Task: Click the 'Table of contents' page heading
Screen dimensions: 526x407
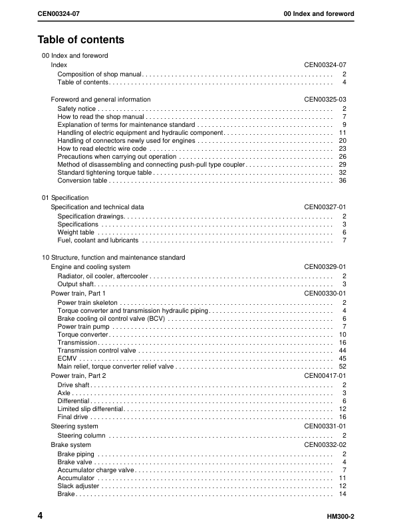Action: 81,40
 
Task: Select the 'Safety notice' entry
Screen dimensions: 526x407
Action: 76,108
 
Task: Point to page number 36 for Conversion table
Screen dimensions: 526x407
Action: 342,181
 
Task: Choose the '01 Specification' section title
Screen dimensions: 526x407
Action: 65,198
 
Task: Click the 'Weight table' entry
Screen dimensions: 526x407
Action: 76,232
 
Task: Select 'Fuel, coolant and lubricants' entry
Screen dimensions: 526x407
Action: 98,241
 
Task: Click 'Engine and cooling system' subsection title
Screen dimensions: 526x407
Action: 90,267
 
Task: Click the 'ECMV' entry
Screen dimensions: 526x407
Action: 67,358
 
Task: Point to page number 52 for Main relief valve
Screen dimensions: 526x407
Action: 342,367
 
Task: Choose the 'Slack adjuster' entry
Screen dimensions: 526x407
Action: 78,486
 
